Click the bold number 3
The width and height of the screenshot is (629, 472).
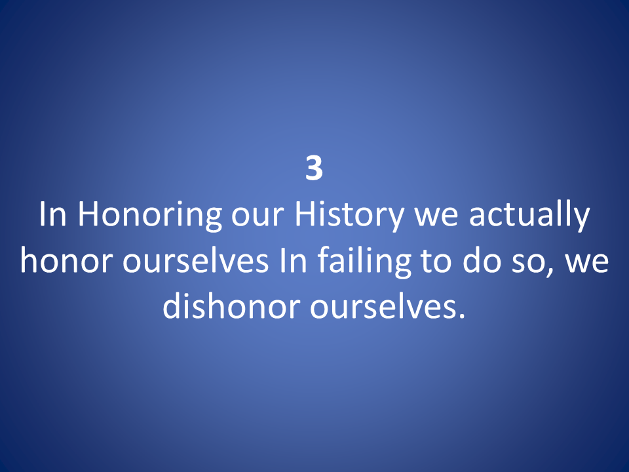click(314, 168)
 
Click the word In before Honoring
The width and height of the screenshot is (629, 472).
click(52, 214)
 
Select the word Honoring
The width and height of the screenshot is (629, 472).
click(149, 217)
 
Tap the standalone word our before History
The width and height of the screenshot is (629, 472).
click(257, 218)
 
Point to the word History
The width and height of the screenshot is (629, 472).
click(349, 217)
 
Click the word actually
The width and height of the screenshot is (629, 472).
click(529, 217)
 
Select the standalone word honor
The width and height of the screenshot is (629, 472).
click(66, 261)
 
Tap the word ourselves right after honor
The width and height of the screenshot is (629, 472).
click(195, 261)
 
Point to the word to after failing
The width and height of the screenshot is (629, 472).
click(436, 263)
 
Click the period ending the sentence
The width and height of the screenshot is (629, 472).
click(461, 316)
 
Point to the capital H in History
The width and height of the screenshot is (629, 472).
click(303, 214)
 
